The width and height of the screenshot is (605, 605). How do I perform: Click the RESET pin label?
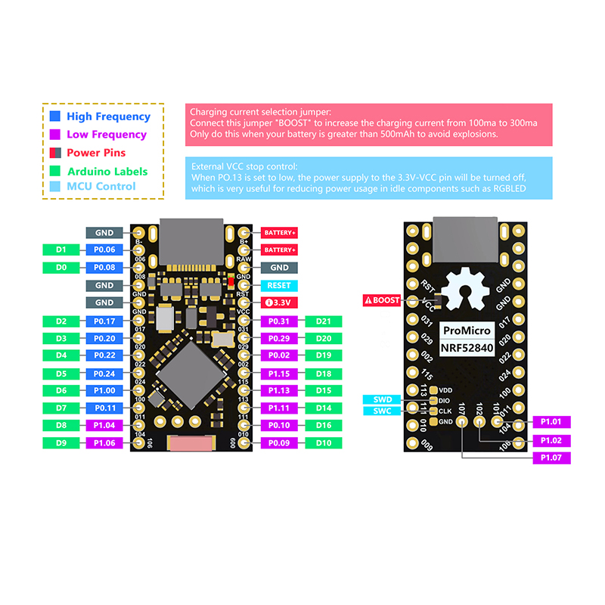coord(279,286)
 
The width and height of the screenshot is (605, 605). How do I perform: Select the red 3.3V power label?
coord(279,302)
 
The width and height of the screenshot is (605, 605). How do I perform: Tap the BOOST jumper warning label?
coord(382,300)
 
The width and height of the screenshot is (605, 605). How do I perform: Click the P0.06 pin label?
coord(104,250)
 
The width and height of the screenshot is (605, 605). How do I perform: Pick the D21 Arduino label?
coord(324,321)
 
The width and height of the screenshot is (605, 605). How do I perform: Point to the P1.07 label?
coord(551,458)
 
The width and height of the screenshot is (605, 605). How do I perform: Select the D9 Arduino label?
coord(62,442)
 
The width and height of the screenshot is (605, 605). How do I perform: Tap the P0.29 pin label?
coord(279,338)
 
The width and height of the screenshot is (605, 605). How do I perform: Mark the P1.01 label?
coord(551,422)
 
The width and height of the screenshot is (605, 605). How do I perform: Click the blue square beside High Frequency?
coord(54,116)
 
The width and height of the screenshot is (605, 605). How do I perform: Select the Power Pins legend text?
coord(96,153)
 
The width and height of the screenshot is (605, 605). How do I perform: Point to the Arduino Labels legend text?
coord(107,172)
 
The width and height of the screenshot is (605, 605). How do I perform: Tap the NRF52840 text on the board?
coord(467,349)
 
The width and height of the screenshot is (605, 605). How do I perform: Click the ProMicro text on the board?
coord(467,330)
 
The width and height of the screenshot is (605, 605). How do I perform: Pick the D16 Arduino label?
coord(324,426)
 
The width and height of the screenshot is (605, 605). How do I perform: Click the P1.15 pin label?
coord(279,374)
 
